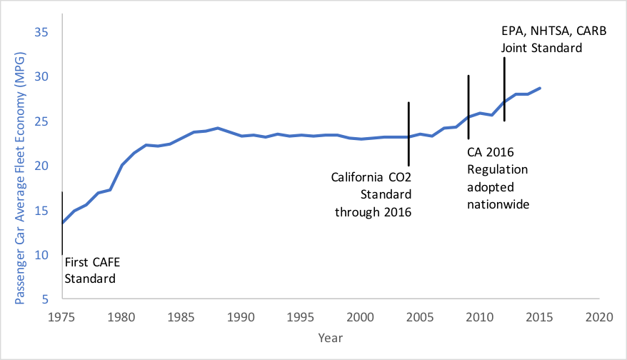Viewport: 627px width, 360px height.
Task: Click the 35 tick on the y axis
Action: (41, 32)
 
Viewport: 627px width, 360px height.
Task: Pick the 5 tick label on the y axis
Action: (44, 299)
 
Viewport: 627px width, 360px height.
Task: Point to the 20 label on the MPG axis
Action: (41, 166)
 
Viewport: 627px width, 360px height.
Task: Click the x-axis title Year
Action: (331, 336)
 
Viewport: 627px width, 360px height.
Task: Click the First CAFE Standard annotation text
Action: (90, 271)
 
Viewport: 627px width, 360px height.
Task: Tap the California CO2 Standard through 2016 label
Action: (372, 194)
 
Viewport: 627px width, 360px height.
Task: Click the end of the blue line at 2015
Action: (540, 88)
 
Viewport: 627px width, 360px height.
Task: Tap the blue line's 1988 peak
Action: (218, 128)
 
